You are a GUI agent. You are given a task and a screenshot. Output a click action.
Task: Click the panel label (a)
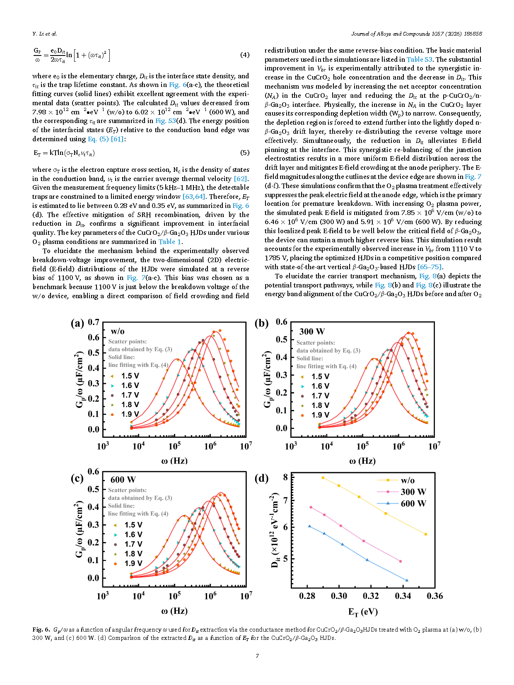click(77, 323)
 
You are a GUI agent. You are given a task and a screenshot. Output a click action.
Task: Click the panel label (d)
click(261, 478)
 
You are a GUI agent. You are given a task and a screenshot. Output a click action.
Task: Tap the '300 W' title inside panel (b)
click(312, 331)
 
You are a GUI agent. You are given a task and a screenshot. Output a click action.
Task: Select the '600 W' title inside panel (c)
click(123, 480)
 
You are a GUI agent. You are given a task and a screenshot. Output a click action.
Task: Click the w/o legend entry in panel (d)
click(407, 480)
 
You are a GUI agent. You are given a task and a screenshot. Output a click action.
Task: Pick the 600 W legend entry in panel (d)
click(413, 504)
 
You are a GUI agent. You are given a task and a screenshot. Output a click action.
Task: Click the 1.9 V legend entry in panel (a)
click(130, 414)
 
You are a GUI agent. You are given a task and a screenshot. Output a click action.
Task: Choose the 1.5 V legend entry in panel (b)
click(320, 376)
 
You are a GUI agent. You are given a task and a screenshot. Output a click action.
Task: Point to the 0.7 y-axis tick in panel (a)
click(94, 322)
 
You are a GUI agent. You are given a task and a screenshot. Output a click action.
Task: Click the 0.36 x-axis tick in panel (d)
click(434, 596)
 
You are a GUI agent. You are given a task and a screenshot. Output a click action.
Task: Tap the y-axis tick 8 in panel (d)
click(285, 477)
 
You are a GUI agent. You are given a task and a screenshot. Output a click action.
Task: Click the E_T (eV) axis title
click(363, 612)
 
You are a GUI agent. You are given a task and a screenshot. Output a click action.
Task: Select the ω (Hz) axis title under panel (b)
click(362, 461)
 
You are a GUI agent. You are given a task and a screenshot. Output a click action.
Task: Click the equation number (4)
click(245, 55)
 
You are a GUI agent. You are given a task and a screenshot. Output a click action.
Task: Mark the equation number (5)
click(245, 153)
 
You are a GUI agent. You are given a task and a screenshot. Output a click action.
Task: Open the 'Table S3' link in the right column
click(419, 60)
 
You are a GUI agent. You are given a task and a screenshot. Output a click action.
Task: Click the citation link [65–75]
click(430, 267)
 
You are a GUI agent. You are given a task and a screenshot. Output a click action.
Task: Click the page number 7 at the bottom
click(257, 656)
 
